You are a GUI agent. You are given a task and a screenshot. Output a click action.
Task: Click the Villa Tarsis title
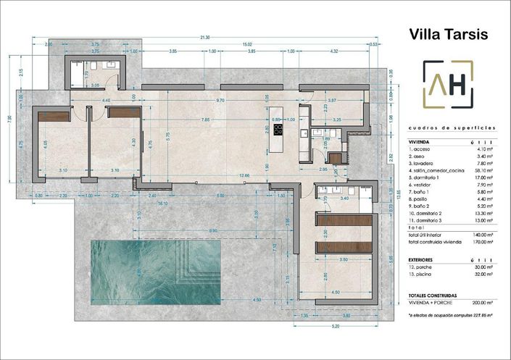449,33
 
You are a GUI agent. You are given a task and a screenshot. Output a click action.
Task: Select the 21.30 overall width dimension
205,37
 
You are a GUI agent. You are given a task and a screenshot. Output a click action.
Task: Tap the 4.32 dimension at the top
333,51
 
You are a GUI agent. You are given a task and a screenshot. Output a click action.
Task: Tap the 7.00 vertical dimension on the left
9,118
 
